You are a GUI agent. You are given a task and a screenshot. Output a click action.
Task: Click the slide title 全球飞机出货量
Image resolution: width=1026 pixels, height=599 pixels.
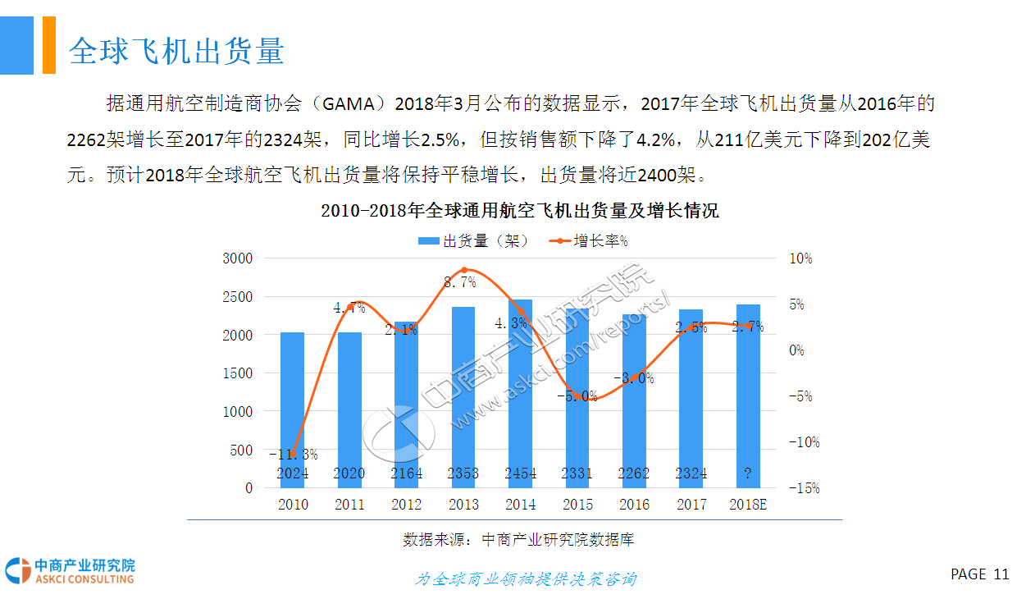176,51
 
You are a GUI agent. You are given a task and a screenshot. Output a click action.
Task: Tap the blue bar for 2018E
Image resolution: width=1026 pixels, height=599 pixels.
748,394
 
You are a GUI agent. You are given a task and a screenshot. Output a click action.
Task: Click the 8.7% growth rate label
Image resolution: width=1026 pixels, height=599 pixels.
460,282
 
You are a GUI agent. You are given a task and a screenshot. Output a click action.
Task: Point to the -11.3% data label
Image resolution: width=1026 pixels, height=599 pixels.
293,455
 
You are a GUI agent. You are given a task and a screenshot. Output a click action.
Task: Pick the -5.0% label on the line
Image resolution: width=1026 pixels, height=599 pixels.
577,396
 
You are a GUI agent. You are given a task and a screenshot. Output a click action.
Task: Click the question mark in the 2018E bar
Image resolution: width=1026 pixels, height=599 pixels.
748,473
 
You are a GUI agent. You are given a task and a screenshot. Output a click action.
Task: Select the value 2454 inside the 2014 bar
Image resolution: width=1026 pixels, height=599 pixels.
520,473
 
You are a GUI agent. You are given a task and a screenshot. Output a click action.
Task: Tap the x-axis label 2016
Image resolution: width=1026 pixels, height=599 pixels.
634,505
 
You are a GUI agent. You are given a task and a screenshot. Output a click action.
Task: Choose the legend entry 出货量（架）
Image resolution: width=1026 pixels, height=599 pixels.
473,241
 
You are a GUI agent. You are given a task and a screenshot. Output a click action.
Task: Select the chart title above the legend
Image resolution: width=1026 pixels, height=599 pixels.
520,211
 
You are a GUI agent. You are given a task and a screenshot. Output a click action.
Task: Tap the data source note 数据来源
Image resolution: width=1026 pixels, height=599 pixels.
518,540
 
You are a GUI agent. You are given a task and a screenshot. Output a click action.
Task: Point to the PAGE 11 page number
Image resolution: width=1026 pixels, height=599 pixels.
979,574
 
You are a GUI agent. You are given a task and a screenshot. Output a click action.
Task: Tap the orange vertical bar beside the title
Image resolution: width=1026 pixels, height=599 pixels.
49,45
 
